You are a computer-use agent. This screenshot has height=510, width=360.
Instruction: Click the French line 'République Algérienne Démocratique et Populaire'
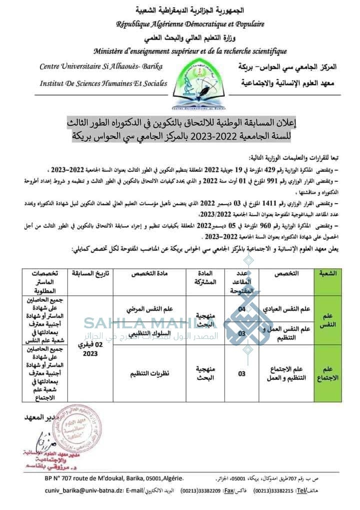(x=190, y=24)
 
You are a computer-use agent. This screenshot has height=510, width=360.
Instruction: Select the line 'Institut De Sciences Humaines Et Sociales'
(x=103, y=83)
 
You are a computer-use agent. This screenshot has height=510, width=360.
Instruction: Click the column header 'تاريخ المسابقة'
(x=91, y=274)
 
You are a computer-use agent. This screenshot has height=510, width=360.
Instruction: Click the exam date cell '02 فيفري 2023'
(x=91, y=349)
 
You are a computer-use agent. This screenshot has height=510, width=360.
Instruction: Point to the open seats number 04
(x=241, y=309)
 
